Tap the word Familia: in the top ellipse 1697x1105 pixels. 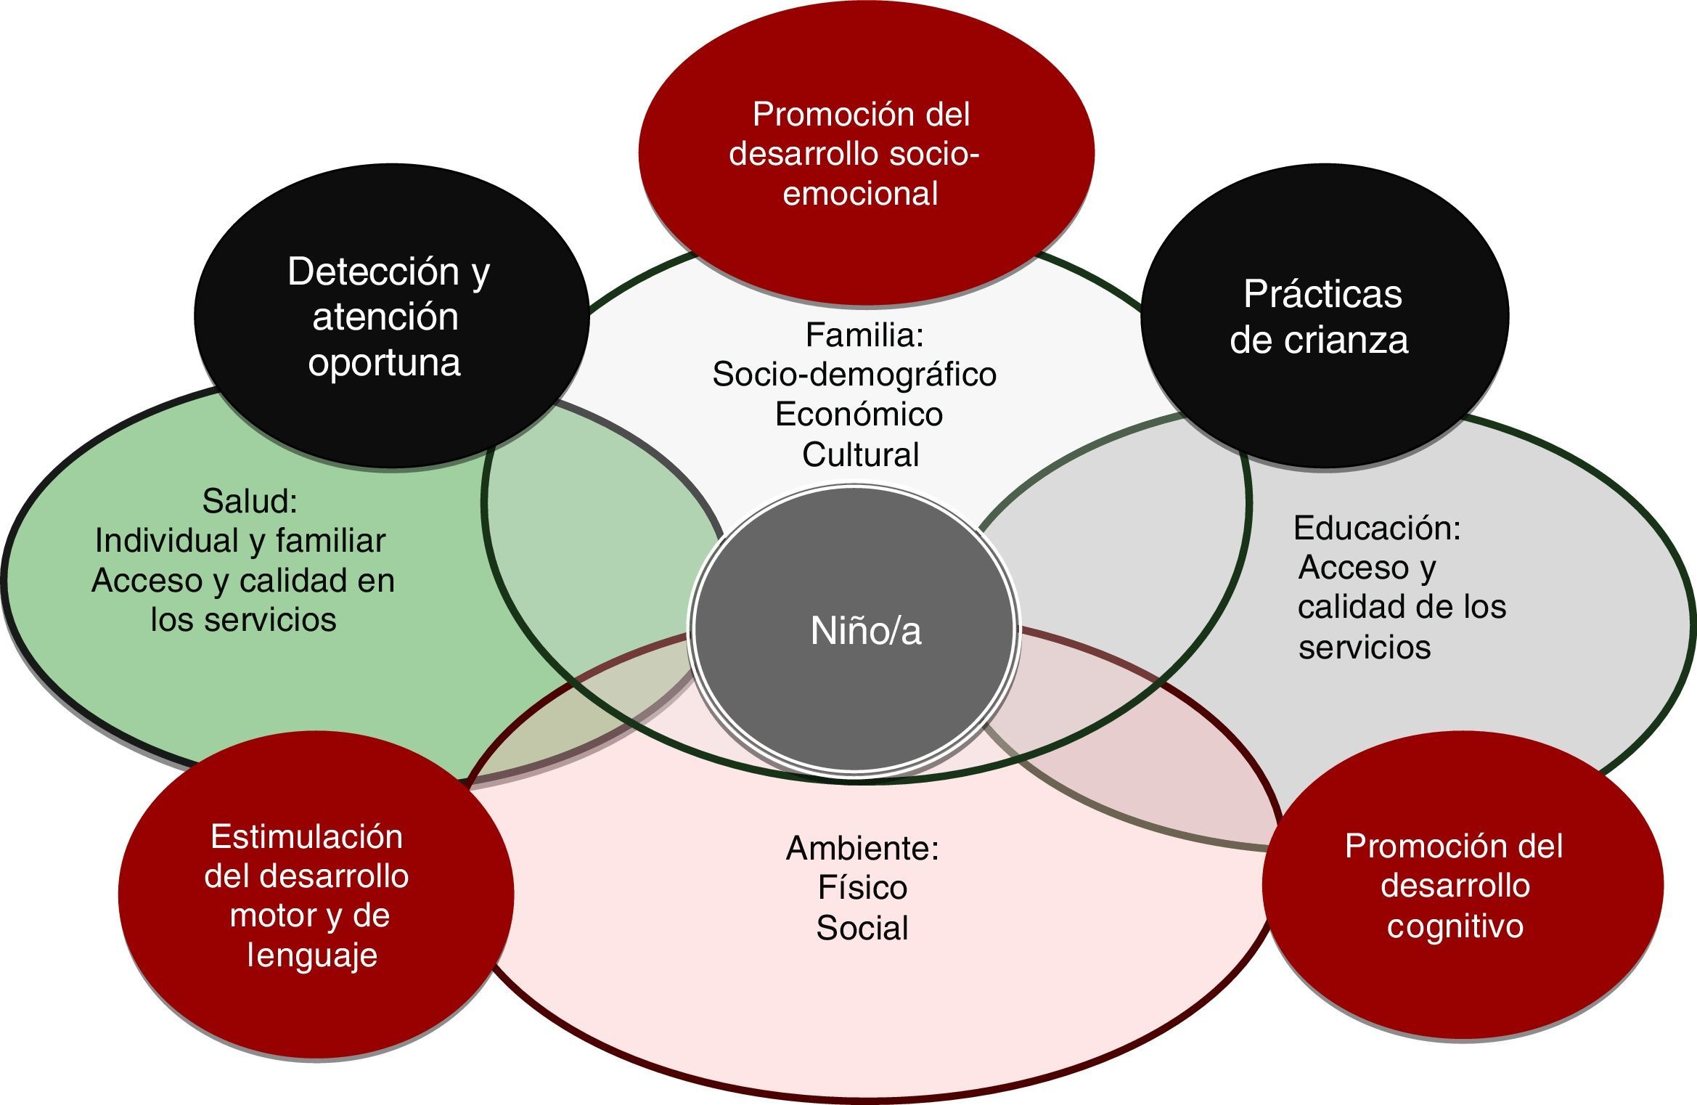pos(864,335)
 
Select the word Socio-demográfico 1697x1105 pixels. pos(854,375)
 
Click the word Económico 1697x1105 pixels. pos(859,415)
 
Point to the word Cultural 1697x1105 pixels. pos(860,454)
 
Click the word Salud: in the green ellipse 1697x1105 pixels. pos(250,501)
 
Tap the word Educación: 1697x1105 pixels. pos(1376,528)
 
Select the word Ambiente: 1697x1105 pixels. pos(862,848)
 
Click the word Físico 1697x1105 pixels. pos(862,888)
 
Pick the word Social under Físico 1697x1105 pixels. pos(862,929)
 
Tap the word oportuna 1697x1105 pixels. pos(384,362)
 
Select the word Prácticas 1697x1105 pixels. pos(1322,295)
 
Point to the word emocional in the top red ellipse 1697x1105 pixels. pos(860,194)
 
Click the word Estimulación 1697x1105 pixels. pos(306,837)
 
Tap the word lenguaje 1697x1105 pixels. pos(312,955)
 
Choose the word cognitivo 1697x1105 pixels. pos(1455,926)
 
